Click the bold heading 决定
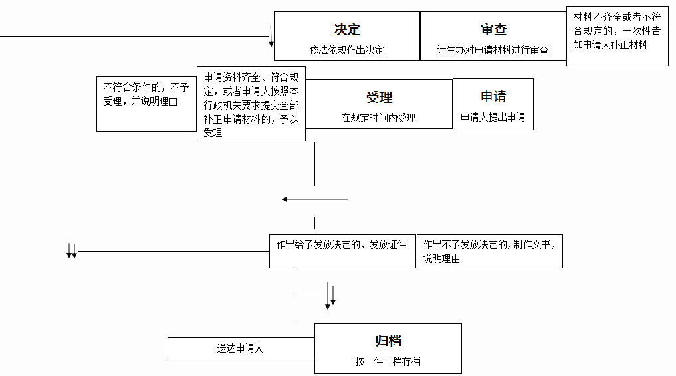[347, 29]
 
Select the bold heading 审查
[493, 29]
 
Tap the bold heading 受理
[379, 98]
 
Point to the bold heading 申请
[493, 96]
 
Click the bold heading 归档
[388, 341]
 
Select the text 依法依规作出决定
[346, 50]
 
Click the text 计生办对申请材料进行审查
[493, 50]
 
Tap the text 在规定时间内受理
[378, 118]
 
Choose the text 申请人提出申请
[493, 117]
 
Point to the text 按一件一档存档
[388, 361]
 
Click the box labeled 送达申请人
[241, 349]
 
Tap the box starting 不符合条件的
[147, 104]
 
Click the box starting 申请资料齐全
[251, 104]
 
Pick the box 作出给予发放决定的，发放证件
[343, 251]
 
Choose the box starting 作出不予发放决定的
[490, 251]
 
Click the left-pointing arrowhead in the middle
[285, 199]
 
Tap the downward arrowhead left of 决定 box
[271, 44]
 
